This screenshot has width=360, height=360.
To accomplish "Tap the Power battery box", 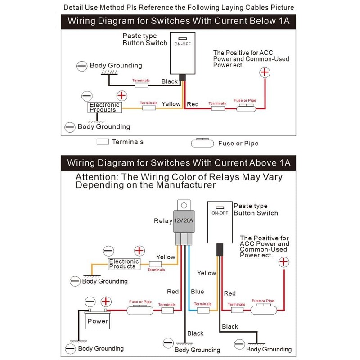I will (98, 321).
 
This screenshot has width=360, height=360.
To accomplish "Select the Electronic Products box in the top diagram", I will (105, 107).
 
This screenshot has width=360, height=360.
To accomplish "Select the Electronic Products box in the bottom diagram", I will (124, 264).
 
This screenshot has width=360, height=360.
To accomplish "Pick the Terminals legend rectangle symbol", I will (103, 141).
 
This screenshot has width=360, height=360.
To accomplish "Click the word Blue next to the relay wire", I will (197, 292).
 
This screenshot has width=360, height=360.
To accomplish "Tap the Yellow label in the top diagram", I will (171, 104).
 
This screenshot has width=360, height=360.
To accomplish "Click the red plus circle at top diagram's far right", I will (265, 72).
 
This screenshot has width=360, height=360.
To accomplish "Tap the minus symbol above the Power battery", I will (90, 301).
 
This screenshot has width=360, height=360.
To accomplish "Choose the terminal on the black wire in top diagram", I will (141, 84).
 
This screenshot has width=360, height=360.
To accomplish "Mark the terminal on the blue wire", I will (203, 310).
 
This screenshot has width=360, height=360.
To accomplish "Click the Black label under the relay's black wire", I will (195, 333).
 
